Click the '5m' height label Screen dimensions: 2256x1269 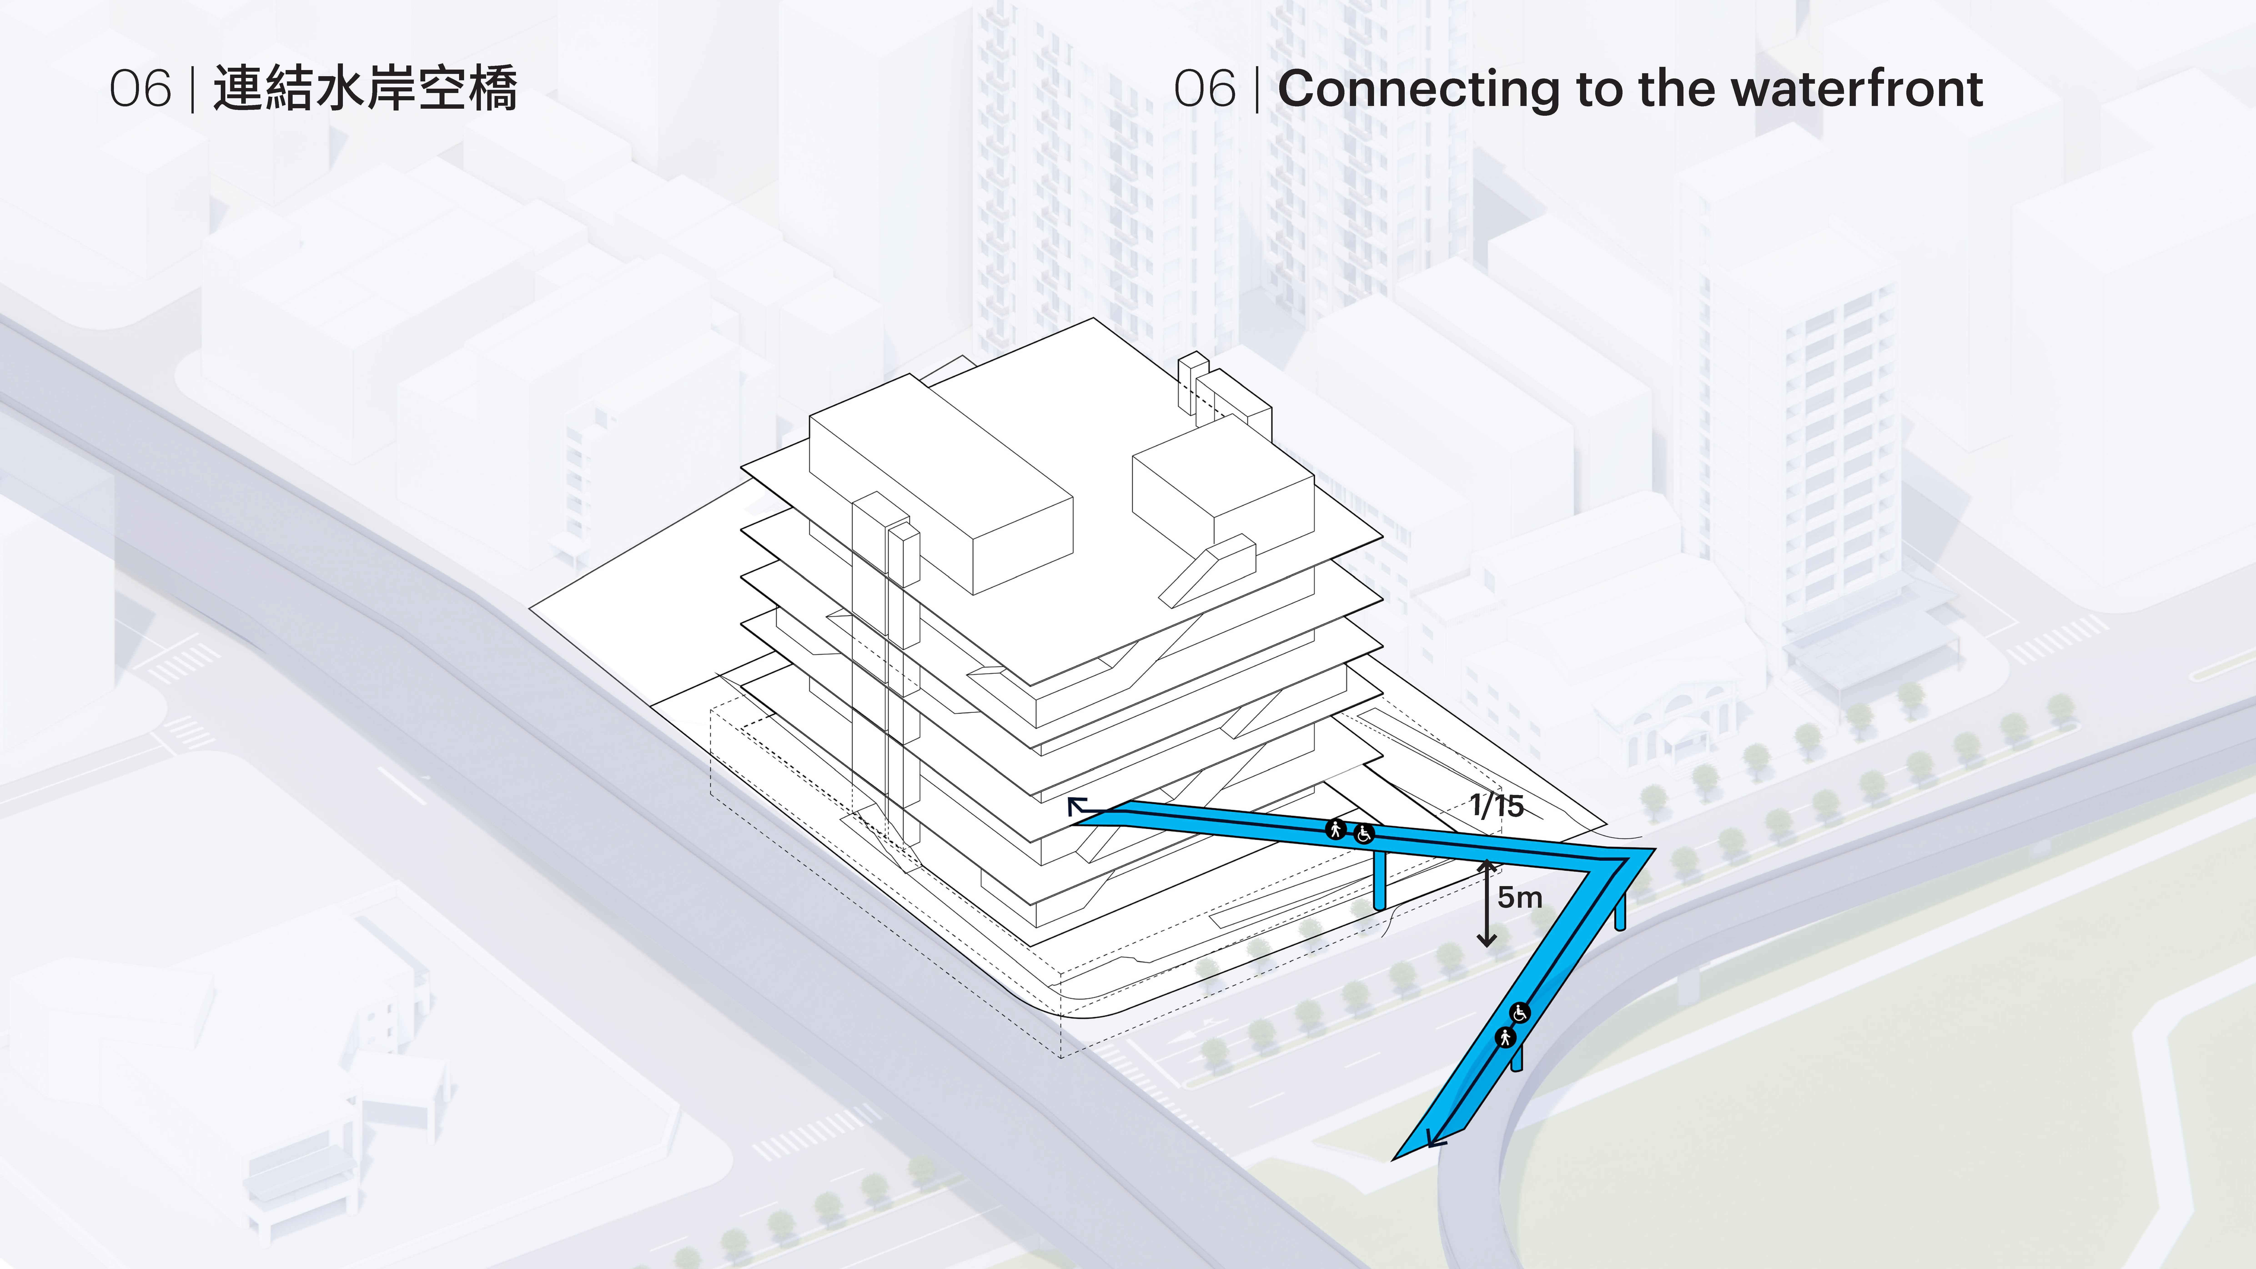tap(1520, 897)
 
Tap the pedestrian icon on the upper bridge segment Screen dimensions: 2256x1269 tap(1337, 829)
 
